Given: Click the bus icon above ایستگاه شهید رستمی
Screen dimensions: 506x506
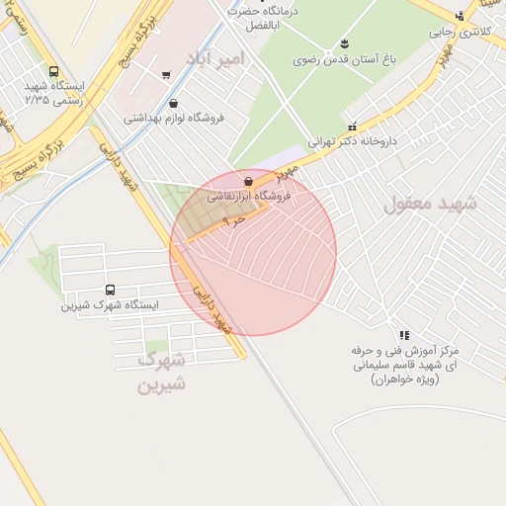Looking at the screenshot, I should [x=52, y=71].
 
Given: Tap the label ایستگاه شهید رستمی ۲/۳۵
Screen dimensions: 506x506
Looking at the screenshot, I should [x=57, y=93].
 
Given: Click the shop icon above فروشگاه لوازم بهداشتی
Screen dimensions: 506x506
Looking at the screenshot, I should [x=174, y=103].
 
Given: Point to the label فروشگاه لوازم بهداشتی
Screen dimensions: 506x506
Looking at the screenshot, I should [x=174, y=117].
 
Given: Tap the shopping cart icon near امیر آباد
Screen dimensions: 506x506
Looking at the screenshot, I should [x=165, y=74].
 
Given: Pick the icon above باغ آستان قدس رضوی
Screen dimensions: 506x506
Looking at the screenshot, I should [x=344, y=42].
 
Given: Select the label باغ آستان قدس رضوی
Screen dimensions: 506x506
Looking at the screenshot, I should [x=344, y=59].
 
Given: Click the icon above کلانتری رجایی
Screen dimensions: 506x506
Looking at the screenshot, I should [x=460, y=16].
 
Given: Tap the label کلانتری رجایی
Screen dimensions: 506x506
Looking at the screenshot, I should [x=456, y=32].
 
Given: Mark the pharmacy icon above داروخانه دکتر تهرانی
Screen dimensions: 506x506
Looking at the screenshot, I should [x=353, y=126].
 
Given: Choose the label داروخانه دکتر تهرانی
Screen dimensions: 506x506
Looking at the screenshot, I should [x=352, y=141].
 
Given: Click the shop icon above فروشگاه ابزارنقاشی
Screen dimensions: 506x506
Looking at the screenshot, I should [x=247, y=182].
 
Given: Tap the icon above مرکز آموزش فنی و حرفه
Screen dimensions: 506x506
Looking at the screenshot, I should [x=403, y=335].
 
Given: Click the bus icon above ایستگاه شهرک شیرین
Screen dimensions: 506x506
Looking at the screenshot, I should [x=109, y=291].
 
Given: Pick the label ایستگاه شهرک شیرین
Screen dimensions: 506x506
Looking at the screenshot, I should [x=109, y=305].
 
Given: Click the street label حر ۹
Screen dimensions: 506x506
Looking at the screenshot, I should [x=233, y=221].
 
